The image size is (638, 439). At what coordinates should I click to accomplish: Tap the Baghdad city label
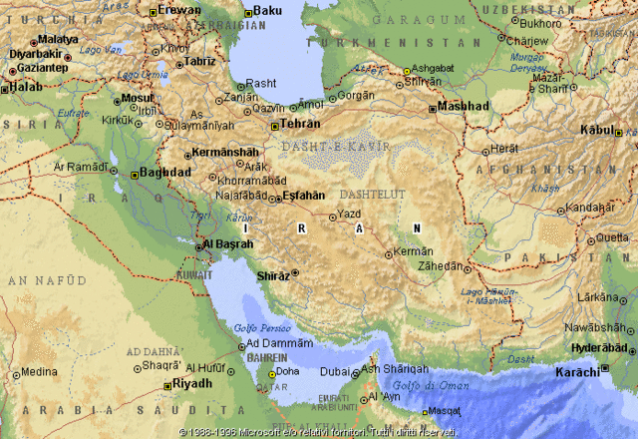coord(165,172)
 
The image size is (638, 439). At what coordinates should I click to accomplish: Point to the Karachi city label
coord(578,371)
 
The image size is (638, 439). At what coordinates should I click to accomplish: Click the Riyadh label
coord(192,383)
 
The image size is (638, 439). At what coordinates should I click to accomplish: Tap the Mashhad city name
coord(464,106)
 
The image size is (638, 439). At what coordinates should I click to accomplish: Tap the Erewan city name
coord(179,10)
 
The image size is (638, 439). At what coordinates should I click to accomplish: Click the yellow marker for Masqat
coord(425,411)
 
